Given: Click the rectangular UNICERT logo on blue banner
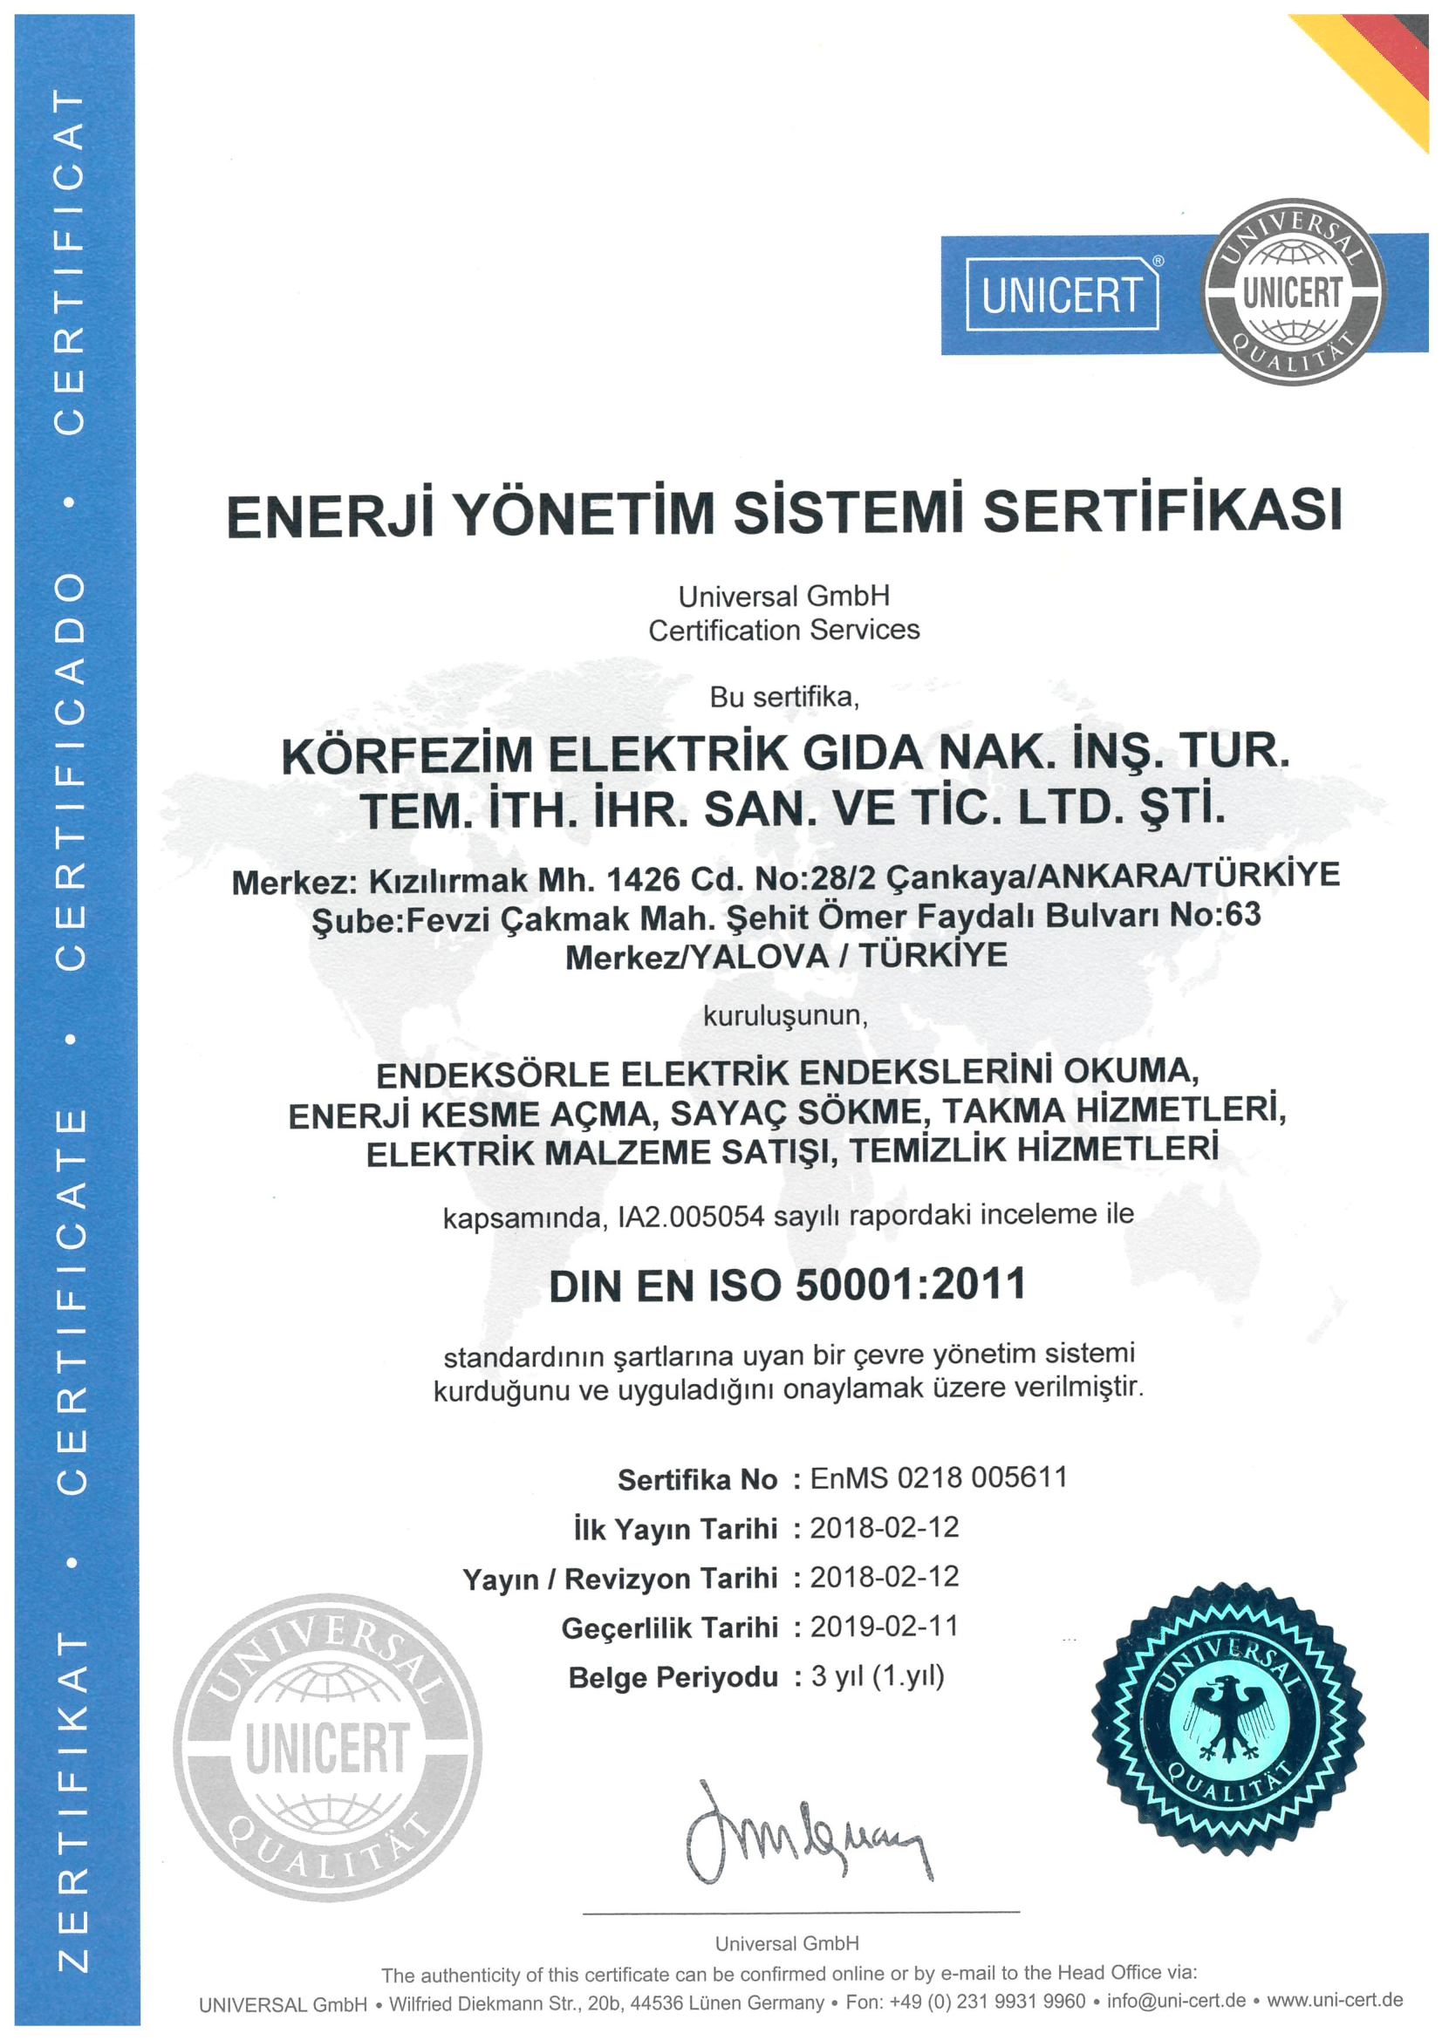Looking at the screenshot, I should click(x=1062, y=294).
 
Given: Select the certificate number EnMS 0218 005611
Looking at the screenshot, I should click(x=939, y=1477).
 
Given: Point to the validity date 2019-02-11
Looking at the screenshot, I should click(x=884, y=1626).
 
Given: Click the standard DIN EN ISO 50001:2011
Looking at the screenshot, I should click(x=787, y=1286).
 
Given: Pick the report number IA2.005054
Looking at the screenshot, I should click(x=690, y=1217).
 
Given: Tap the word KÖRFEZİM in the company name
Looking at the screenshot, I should click(x=407, y=755).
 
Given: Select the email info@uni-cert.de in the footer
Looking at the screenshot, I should click(x=1175, y=2001).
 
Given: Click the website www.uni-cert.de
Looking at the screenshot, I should click(x=1335, y=2000).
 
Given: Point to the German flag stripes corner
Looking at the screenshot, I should click(x=1386, y=62).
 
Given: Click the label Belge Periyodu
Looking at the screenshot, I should click(x=673, y=1677).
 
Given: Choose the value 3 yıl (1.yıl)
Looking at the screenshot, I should click(x=877, y=1675).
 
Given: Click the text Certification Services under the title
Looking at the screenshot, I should click(x=783, y=630).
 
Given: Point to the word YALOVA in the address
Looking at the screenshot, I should click(x=759, y=957).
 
